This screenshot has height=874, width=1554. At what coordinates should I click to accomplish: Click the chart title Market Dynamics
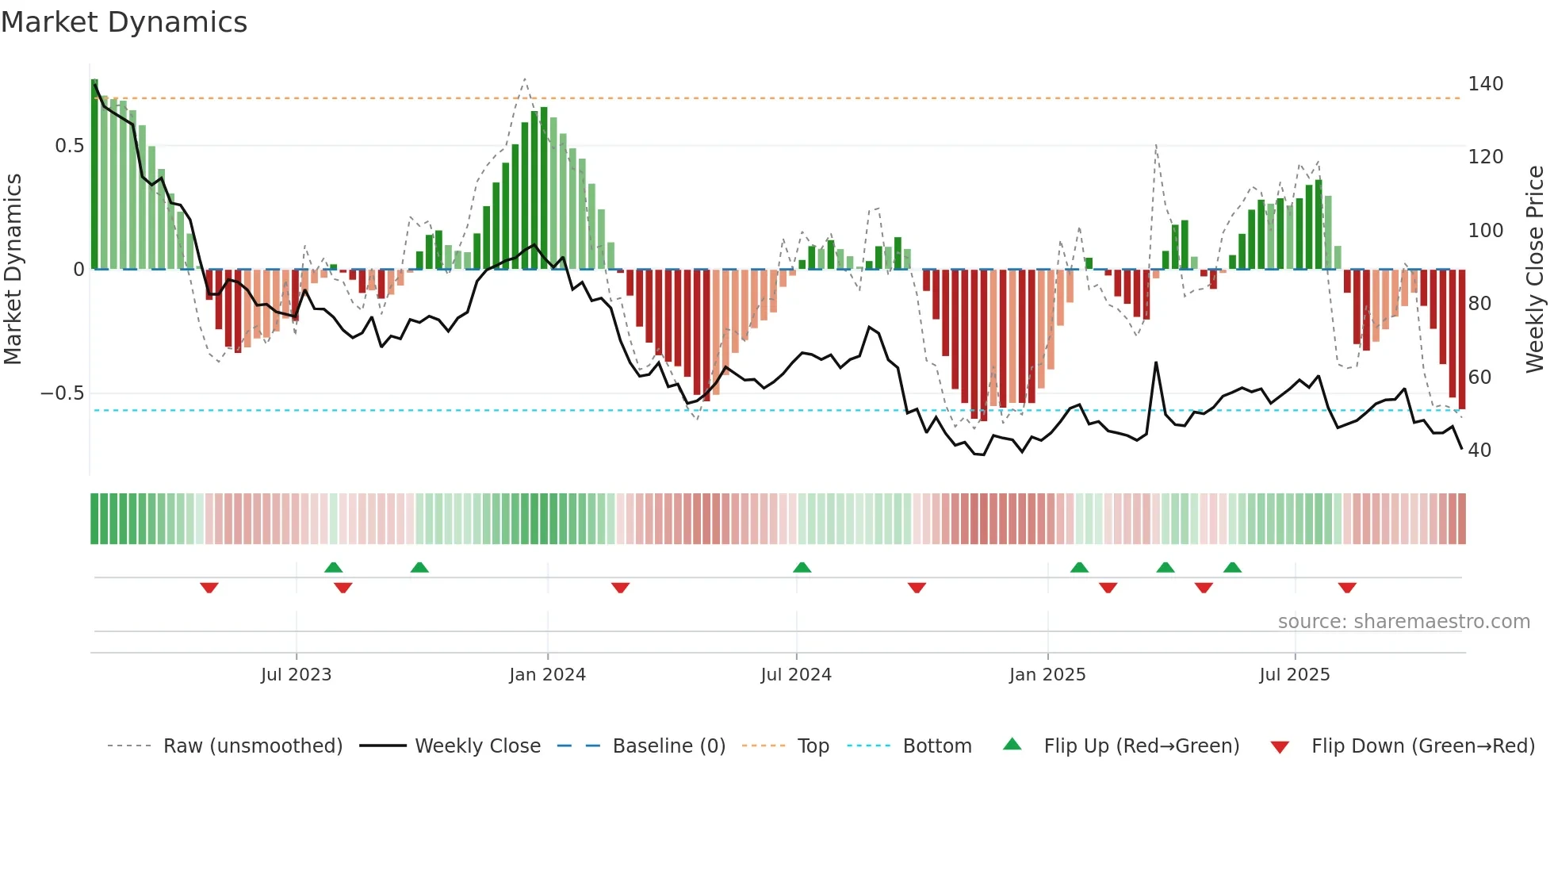[124, 22]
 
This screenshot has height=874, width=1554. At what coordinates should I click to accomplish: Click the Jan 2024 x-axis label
[547, 675]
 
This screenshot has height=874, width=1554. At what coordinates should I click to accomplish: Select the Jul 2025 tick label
[1294, 675]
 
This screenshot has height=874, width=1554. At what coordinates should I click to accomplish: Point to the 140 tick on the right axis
[1485, 84]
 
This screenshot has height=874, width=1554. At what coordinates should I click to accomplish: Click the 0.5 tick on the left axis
[69, 146]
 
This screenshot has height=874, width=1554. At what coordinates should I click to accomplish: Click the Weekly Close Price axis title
[1535, 270]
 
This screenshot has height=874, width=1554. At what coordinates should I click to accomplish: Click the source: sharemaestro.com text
[1403, 622]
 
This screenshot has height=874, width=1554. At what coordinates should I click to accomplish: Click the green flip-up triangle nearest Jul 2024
[802, 567]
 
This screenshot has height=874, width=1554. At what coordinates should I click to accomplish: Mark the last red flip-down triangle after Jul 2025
[1346, 588]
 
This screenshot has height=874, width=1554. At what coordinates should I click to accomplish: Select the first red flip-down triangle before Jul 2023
[209, 588]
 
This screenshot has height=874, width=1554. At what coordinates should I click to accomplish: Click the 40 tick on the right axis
[1479, 450]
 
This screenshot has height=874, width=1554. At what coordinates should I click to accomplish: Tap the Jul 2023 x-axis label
[296, 675]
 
